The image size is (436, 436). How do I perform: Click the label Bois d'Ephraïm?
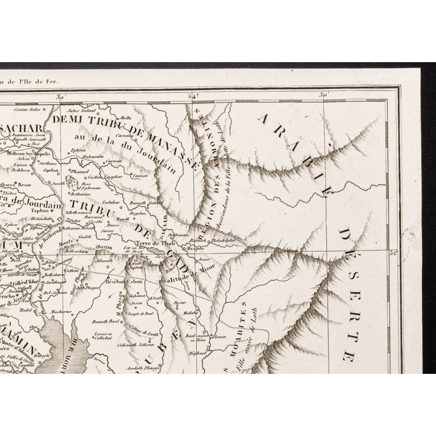[x=83, y=184]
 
